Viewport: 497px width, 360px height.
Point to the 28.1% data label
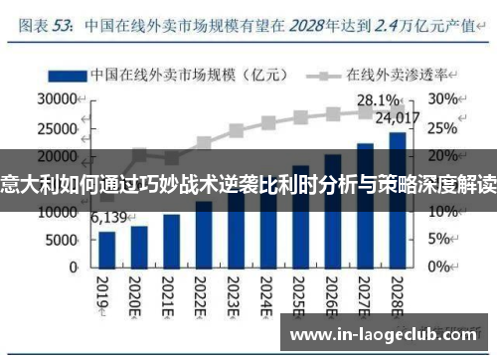[379, 100]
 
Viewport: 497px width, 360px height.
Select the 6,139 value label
[109, 218]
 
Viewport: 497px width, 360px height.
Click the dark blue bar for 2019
[107, 249]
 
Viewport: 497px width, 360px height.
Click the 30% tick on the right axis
[444, 99]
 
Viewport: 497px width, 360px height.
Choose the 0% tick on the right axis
[440, 267]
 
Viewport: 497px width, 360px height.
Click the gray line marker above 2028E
[397, 111]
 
